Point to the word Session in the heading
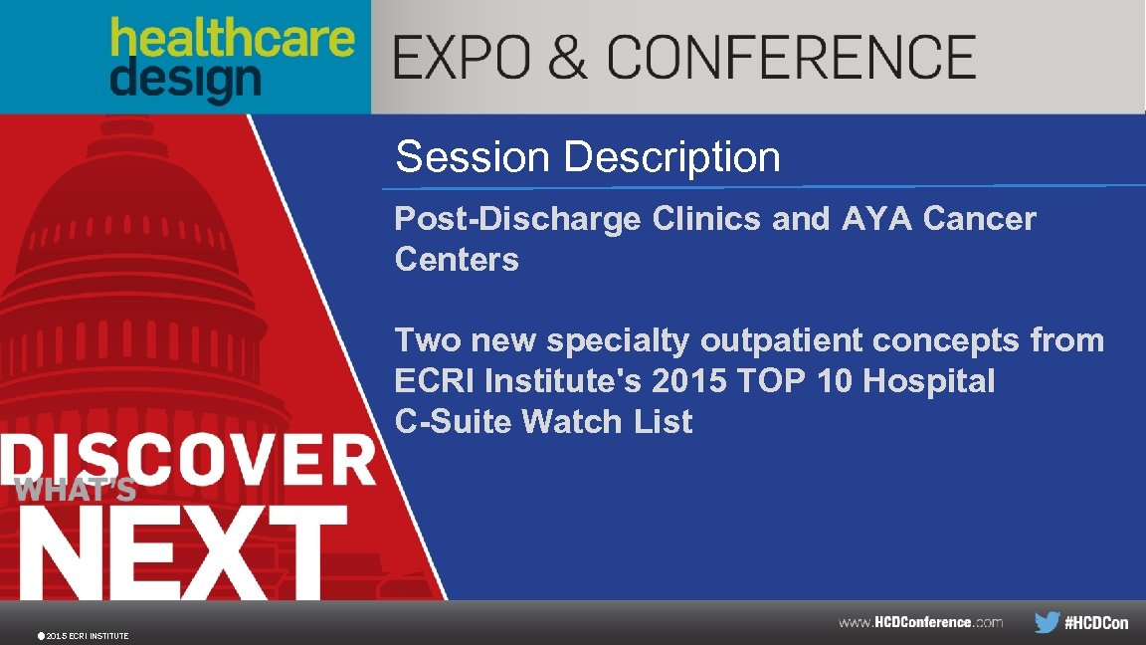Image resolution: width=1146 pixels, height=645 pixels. pos(472,156)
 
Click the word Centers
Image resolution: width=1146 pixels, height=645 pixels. pos(457,260)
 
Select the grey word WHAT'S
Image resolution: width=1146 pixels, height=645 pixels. pos(76,490)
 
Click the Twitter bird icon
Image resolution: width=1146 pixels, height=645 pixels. pos(1047,622)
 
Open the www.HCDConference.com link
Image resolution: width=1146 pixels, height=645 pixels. pos(920,622)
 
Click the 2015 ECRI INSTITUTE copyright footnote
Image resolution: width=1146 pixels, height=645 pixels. pos(84,635)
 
